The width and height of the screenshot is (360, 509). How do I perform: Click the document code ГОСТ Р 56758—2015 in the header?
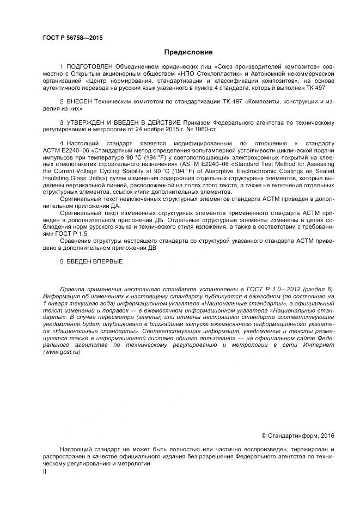click(x=72, y=38)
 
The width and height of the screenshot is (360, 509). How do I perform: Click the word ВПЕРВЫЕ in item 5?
click(x=103, y=262)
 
